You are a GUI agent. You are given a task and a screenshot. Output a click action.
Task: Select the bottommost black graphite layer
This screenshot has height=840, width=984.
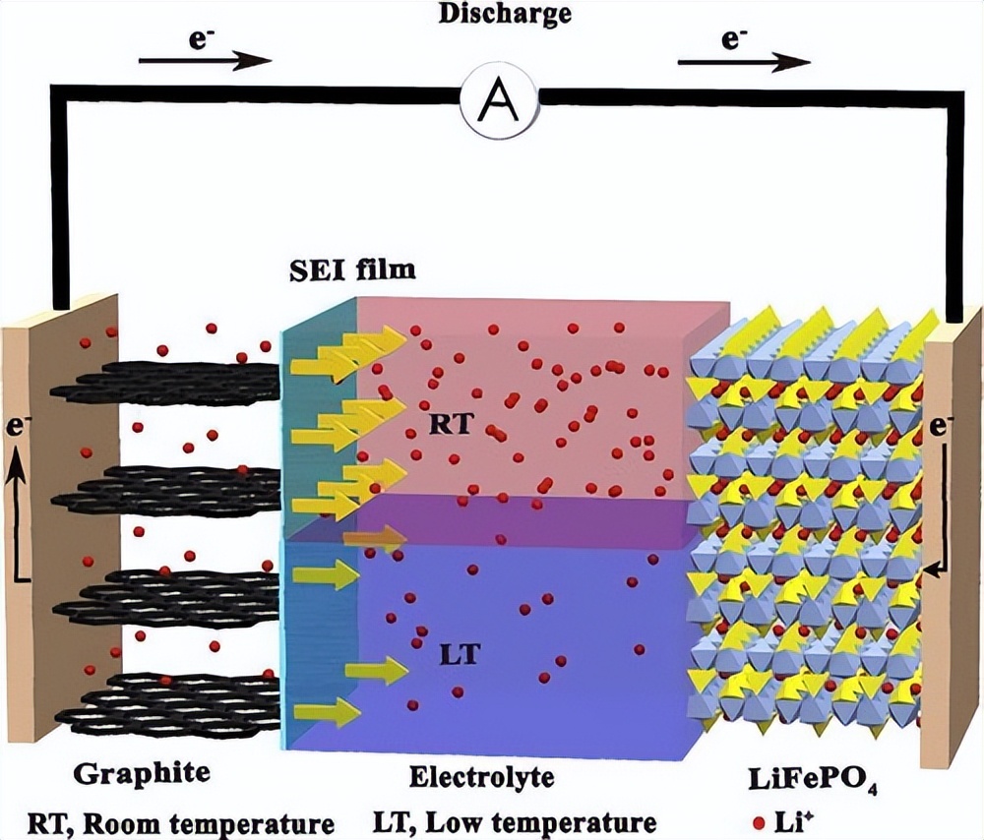point(167,701)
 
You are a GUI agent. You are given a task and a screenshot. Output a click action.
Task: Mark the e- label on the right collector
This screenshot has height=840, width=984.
point(943,427)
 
